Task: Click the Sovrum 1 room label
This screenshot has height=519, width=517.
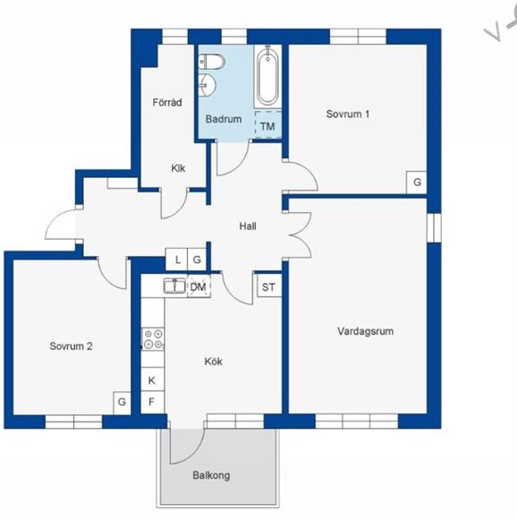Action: pos(348,115)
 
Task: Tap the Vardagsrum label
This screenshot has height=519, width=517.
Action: pos(366,331)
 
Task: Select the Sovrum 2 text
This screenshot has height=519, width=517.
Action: pos(71,346)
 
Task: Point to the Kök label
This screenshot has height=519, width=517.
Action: pos(214,362)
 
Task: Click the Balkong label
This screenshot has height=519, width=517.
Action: pos(211,476)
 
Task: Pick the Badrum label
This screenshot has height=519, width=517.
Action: pos(224,119)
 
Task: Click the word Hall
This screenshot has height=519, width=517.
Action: pos(248,226)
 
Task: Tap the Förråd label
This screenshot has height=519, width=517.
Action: pos(167,102)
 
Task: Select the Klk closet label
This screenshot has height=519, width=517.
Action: pos(178,168)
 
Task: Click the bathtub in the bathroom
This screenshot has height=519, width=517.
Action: pos(267,76)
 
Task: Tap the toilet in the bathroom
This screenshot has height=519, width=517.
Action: pos(212,62)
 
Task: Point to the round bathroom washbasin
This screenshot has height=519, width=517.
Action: pos(208,85)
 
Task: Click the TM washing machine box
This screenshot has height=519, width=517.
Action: pos(268,124)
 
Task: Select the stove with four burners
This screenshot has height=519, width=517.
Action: pos(153,339)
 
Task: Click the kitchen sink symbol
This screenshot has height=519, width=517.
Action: pos(174,285)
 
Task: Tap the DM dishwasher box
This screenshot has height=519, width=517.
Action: pos(199,286)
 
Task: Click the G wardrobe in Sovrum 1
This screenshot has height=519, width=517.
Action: pos(417,182)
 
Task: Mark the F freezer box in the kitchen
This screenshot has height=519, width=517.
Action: pos(152,402)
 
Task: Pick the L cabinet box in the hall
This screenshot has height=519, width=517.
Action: pos(176,259)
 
